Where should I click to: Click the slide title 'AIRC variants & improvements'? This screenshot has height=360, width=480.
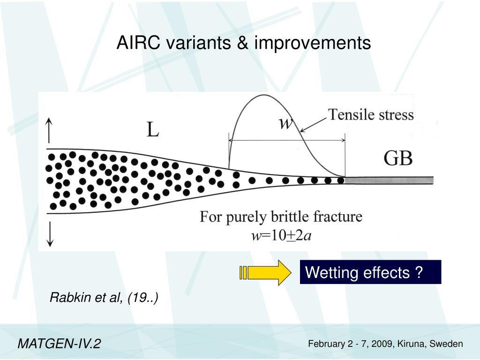tap(243, 43)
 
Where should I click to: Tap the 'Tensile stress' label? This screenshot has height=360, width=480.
tap(371, 114)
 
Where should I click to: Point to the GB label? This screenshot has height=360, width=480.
tap(398, 159)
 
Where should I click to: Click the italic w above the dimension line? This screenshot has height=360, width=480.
tap(285, 123)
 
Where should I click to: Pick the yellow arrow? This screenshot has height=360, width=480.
tap(265, 272)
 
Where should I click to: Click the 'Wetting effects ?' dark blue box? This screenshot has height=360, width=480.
tap(370, 272)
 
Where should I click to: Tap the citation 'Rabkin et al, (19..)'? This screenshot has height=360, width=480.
tap(104, 297)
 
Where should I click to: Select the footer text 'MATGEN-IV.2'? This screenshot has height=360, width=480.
tap(59, 344)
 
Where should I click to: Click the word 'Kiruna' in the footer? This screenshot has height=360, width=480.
tap(411, 344)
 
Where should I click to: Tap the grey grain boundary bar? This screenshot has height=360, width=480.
tap(389, 180)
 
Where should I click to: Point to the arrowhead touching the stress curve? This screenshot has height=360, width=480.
tap(303, 130)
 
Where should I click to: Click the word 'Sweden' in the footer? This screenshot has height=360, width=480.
tap(448, 344)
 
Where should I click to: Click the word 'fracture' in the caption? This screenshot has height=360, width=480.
tap(339, 217)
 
